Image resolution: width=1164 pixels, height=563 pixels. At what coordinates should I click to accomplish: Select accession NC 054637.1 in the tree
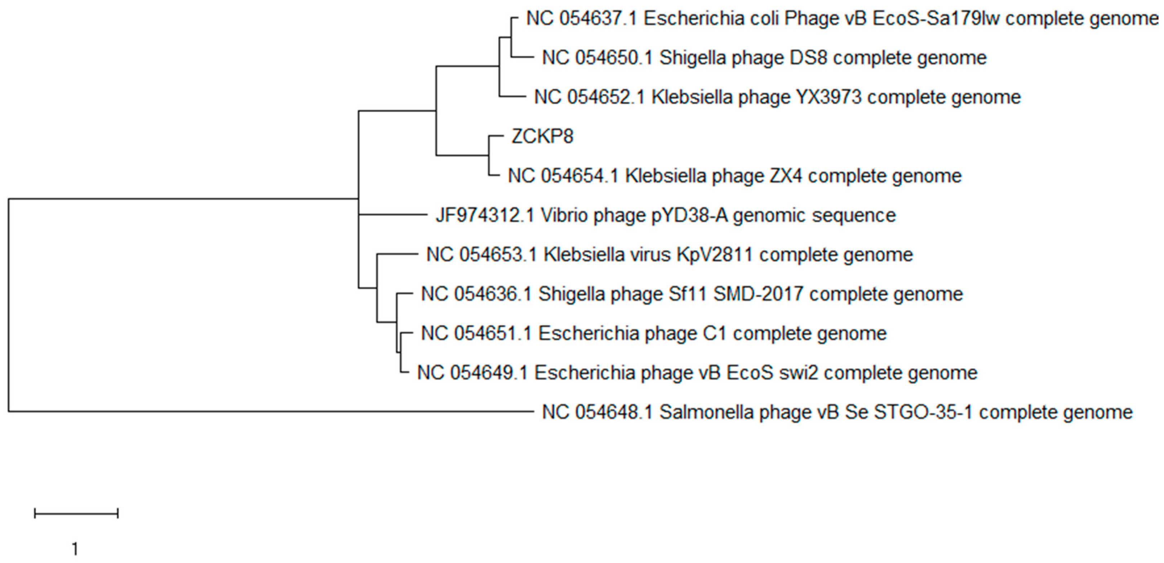(582, 18)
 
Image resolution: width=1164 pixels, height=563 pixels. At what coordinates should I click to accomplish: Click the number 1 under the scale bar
(75, 549)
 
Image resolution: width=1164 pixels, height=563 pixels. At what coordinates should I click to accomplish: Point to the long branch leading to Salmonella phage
(271, 411)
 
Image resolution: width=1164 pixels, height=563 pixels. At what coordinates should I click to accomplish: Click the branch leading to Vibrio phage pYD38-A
(393, 215)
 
